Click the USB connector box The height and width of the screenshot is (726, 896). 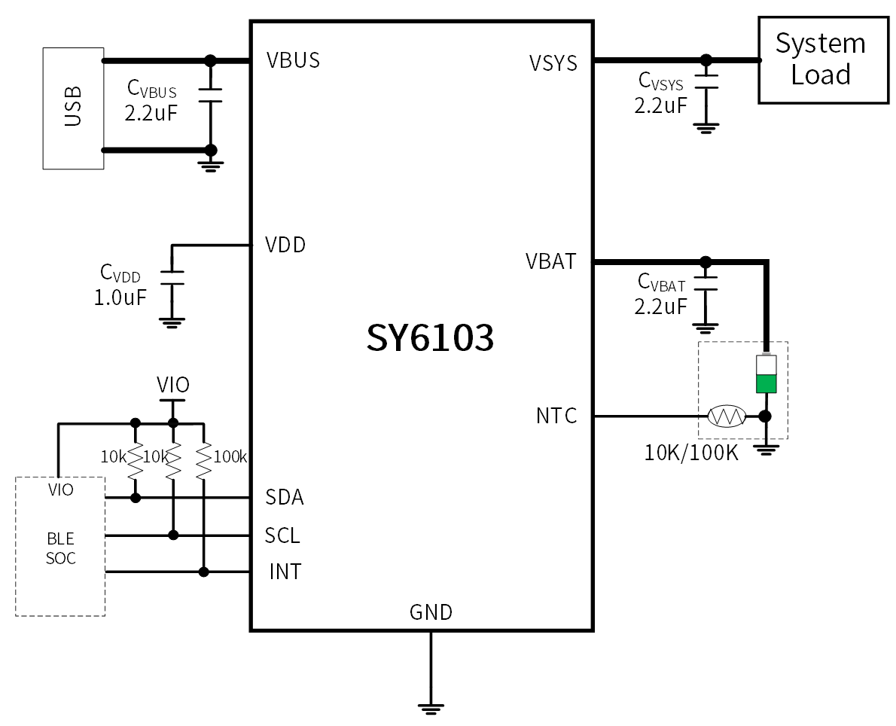(73, 108)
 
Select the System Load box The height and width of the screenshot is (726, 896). (820, 59)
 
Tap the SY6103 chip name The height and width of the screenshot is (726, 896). (430, 338)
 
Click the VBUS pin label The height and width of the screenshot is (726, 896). (293, 60)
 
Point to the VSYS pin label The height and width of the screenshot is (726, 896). (553, 63)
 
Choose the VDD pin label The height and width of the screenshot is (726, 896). (285, 246)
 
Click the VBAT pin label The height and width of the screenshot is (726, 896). (550, 262)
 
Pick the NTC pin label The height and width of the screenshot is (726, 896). (556, 416)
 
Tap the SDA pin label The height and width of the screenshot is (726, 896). (285, 498)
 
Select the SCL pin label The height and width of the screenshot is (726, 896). (282, 535)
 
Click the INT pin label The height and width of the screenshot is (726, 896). (285, 572)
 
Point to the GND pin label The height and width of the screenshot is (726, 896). (431, 612)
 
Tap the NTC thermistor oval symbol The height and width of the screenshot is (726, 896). (727, 416)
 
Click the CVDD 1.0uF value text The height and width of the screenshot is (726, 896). (120, 297)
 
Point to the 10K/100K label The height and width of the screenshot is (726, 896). (691, 453)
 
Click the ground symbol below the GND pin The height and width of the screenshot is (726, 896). (431, 707)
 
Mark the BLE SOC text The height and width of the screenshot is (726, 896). (60, 549)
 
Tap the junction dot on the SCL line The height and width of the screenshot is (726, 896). (173, 535)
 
